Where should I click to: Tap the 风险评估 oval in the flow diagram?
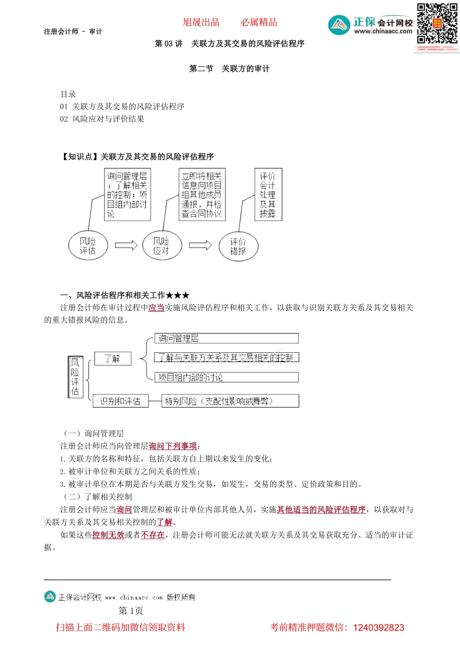pyautogui.click(x=88, y=246)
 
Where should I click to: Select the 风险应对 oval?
pyautogui.click(x=162, y=246)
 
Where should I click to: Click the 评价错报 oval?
pyautogui.click(x=238, y=246)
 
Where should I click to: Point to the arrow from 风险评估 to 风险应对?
pyautogui.click(x=126, y=245)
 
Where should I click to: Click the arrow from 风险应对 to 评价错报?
pyautogui.click(x=200, y=245)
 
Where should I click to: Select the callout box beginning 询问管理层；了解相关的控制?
pyautogui.click(x=127, y=195)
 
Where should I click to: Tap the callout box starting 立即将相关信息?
pyautogui.click(x=201, y=195)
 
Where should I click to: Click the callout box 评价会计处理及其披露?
pyautogui.click(x=268, y=195)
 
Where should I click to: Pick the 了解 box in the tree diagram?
pyautogui.click(x=112, y=359)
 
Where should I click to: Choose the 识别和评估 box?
pyautogui.click(x=120, y=401)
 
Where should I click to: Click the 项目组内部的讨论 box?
pyautogui.click(x=226, y=377)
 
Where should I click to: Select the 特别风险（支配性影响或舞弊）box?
pyautogui.click(x=230, y=401)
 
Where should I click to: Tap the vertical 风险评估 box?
pyautogui.click(x=75, y=377)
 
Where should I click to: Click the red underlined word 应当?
pyautogui.click(x=156, y=307)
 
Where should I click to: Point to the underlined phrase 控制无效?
pyautogui.click(x=108, y=535)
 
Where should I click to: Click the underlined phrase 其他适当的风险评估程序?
pyautogui.click(x=321, y=509)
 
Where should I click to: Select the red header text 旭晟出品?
pyautogui.click(x=201, y=22)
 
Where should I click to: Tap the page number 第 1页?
pyautogui.click(x=131, y=611)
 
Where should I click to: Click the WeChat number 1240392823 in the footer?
pyautogui.click(x=379, y=628)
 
